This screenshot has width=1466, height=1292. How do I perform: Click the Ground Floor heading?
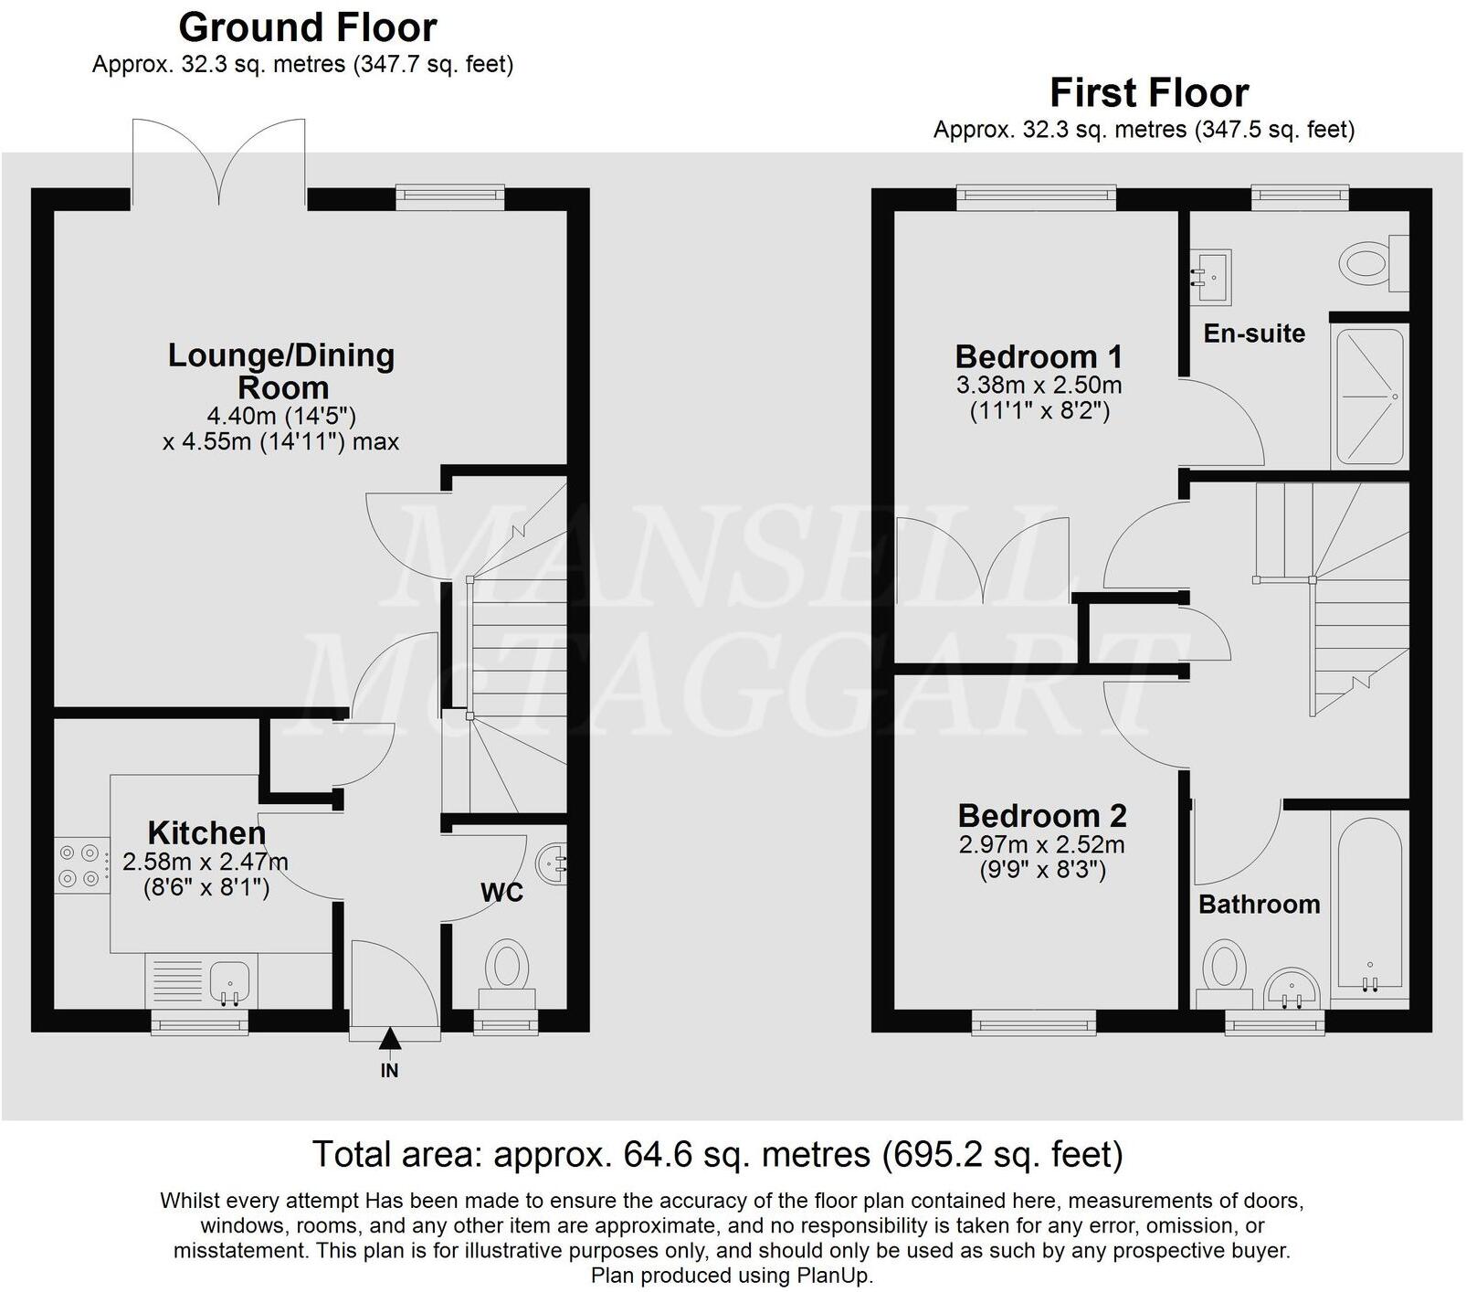[x=308, y=27]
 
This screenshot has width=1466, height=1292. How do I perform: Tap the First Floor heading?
[x=1148, y=93]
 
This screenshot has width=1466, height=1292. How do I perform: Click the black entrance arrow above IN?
[x=390, y=1038]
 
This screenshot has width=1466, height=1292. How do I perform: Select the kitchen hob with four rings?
[x=79, y=865]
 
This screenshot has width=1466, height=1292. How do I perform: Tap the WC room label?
[x=502, y=893]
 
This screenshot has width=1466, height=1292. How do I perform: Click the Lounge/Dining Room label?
[x=281, y=371]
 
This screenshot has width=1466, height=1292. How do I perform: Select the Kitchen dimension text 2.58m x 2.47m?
[x=206, y=862]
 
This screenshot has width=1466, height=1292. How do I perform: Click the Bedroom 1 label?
[x=1039, y=356]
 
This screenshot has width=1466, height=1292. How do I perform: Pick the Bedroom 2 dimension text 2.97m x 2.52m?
[x=1041, y=844]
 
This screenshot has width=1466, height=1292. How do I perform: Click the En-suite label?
[x=1254, y=334]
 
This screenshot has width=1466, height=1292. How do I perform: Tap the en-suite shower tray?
[x=1369, y=397]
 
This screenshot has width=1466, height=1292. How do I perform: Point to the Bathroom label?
[x=1259, y=905]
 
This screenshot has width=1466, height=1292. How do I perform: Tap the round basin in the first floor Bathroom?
[x=1292, y=989]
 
